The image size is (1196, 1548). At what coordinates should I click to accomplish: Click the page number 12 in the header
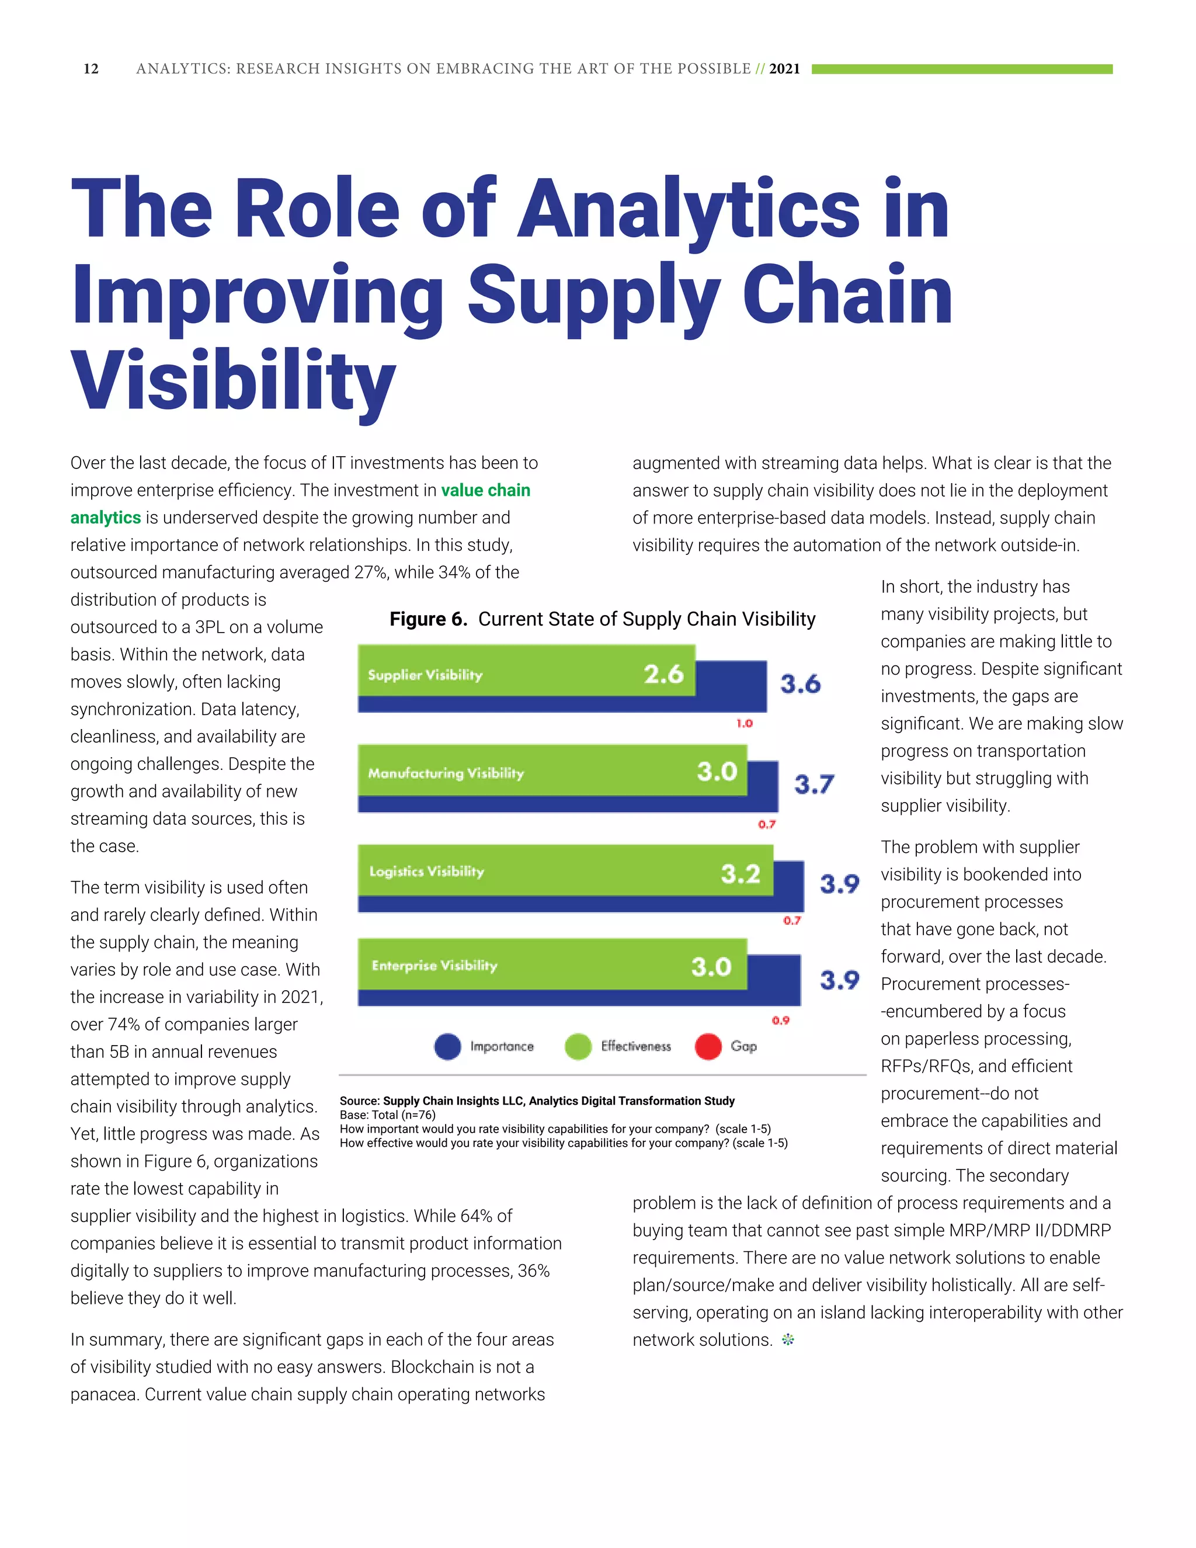click(91, 69)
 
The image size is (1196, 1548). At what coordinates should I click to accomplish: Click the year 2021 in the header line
click(784, 69)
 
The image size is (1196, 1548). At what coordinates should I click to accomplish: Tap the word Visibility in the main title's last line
click(233, 381)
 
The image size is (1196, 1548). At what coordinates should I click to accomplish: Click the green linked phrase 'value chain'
click(485, 491)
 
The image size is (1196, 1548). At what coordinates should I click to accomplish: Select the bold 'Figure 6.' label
click(428, 619)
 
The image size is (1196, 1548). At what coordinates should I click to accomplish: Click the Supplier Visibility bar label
click(425, 675)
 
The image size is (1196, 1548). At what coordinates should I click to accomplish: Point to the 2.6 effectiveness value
click(663, 674)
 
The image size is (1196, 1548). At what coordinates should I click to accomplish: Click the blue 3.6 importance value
click(800, 684)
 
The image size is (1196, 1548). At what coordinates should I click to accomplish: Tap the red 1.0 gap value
click(744, 724)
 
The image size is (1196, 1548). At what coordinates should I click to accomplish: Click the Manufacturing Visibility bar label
click(446, 773)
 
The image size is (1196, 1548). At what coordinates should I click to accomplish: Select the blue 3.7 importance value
click(813, 785)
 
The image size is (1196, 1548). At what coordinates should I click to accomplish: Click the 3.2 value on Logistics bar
click(740, 873)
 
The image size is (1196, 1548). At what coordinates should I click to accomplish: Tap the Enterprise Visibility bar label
click(434, 966)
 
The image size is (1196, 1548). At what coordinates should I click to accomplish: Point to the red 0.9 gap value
click(780, 1021)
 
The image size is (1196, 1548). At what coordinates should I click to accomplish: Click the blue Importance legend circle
click(447, 1047)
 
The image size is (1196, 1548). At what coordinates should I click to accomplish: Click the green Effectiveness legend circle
click(578, 1047)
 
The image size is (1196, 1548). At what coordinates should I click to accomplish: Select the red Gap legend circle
click(708, 1047)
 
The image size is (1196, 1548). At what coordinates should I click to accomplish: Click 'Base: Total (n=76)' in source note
click(388, 1115)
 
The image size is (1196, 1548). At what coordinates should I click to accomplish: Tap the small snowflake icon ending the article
click(788, 1339)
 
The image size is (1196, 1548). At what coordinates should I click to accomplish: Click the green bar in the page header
click(961, 69)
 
